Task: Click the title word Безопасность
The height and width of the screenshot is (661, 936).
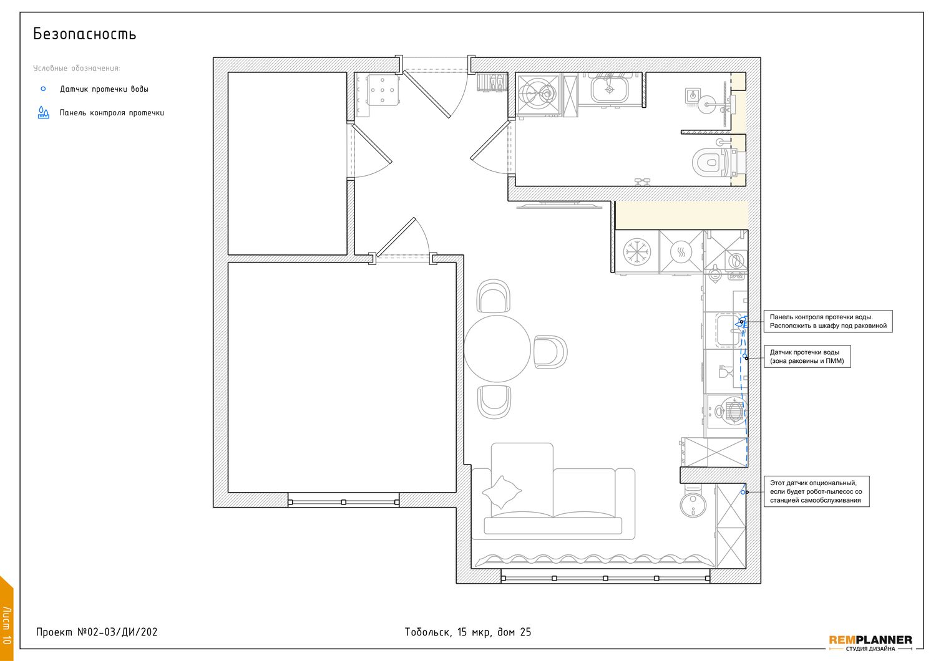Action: click(84, 34)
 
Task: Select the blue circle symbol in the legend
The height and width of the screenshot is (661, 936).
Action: click(43, 89)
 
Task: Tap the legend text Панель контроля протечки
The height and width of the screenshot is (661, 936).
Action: click(112, 113)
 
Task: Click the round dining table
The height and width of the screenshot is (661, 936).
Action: click(497, 349)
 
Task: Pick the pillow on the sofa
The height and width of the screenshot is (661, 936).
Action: click(502, 491)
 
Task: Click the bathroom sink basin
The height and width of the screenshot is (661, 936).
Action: click(610, 89)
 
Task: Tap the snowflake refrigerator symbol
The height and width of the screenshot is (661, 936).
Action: click(637, 252)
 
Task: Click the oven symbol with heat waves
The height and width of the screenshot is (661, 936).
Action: click(681, 252)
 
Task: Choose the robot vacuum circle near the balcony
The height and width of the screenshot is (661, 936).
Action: click(693, 504)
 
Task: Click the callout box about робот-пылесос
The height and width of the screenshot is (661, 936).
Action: click(816, 491)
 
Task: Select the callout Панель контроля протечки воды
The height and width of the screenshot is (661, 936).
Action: click(828, 321)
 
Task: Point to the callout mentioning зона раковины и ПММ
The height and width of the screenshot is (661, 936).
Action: click(807, 356)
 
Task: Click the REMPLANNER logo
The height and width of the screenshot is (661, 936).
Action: click(870, 642)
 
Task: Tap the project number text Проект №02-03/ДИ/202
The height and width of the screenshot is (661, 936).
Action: click(97, 632)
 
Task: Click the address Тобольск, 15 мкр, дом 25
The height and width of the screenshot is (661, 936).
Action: click(467, 632)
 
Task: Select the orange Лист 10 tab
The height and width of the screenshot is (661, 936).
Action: click(6, 619)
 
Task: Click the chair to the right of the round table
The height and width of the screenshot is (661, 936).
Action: click(550, 352)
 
